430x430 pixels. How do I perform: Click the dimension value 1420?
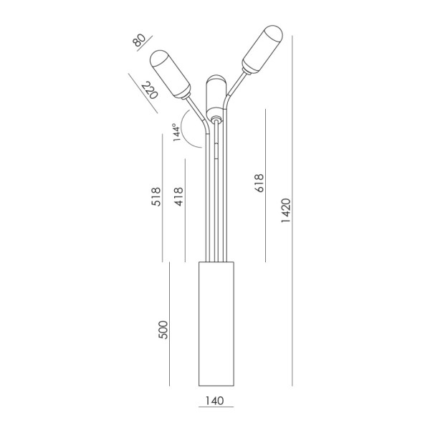pos(286,210)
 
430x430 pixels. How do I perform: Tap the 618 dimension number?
pos(259,183)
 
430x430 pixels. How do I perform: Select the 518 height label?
pos(156,196)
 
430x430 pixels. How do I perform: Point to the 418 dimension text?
pos(178,196)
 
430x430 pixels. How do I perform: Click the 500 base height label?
pos(163,330)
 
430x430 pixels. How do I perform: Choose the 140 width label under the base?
pos(215,401)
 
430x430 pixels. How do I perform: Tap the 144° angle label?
pos(176,133)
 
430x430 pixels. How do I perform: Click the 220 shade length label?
pos(150,90)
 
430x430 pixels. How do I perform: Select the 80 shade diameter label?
pos(139,40)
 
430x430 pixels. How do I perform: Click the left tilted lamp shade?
pos(171,74)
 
